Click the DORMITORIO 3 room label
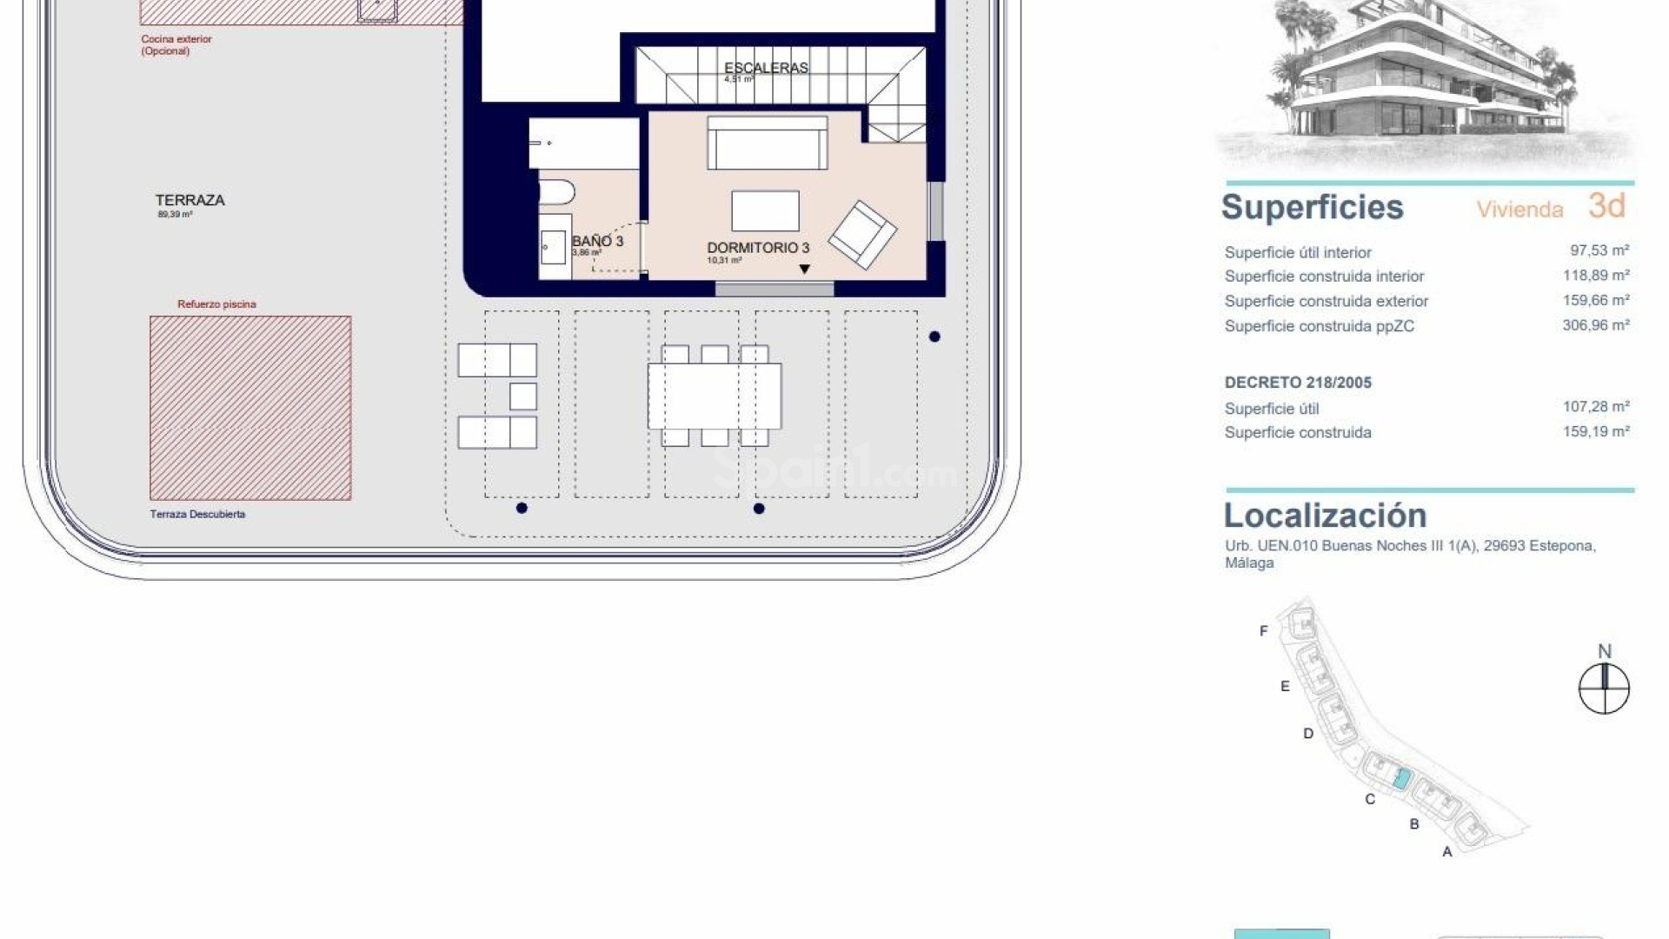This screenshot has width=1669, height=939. pyautogui.click(x=758, y=248)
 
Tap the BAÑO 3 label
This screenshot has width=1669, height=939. pyautogui.click(x=597, y=241)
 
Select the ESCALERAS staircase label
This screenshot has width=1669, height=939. pyautogui.click(x=766, y=68)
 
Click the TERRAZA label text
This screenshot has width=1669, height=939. pyautogui.click(x=190, y=200)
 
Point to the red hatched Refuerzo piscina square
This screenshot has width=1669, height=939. pyautogui.click(x=250, y=408)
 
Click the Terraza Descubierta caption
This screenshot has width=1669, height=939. pyautogui.click(x=197, y=514)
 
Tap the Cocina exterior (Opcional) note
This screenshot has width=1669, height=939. pyautogui.click(x=176, y=44)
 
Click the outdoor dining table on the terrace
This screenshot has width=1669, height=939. pyautogui.click(x=714, y=396)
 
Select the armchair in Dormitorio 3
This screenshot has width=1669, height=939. pyautogui.click(x=861, y=235)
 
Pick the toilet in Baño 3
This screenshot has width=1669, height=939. pyautogui.click(x=555, y=191)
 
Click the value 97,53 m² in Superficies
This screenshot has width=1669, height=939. pyautogui.click(x=1599, y=250)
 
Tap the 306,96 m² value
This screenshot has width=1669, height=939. pyautogui.click(x=1595, y=325)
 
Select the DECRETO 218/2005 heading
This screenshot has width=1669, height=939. pyautogui.click(x=1298, y=383)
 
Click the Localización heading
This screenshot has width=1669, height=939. pyautogui.click(x=1325, y=516)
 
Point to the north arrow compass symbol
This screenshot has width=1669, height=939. pyautogui.click(x=1604, y=689)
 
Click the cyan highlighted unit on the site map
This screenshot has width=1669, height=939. pyautogui.click(x=1400, y=778)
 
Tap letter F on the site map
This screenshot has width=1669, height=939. pyautogui.click(x=1263, y=631)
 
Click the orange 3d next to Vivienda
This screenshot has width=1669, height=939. pyautogui.click(x=1606, y=206)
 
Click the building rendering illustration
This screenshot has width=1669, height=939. pyautogui.click(x=1426, y=83)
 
